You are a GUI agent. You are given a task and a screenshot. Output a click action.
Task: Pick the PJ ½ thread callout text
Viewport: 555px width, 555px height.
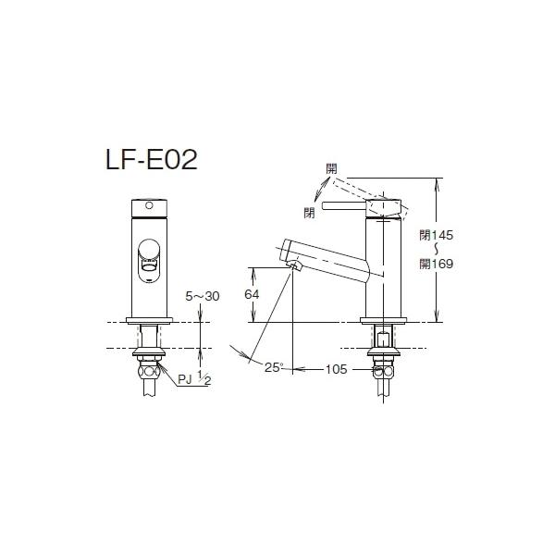(191, 378)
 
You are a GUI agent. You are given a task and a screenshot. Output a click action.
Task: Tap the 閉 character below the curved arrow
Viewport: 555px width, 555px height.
(309, 213)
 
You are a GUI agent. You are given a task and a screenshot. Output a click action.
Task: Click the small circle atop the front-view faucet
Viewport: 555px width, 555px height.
(146, 203)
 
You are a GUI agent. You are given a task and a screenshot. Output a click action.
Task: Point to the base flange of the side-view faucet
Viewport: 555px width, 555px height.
(382, 320)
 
